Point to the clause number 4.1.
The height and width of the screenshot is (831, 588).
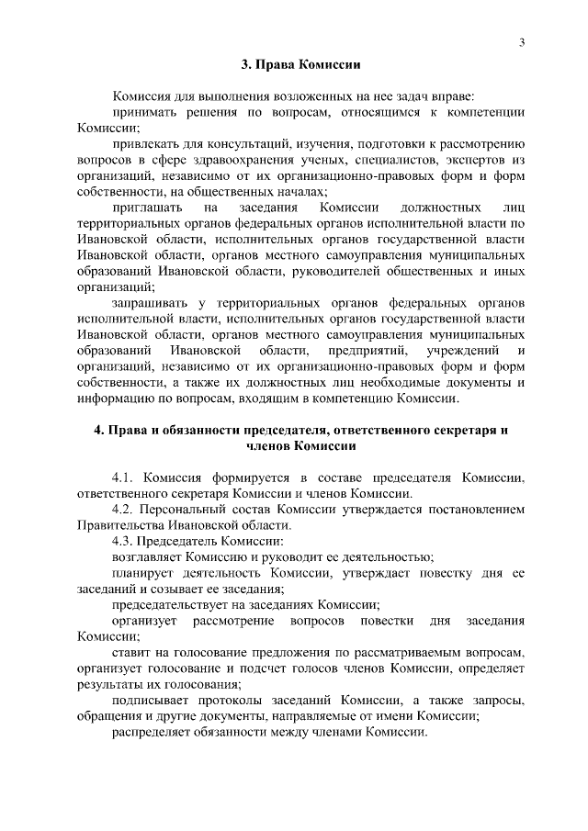pos(124,477)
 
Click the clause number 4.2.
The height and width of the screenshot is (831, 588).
pos(124,510)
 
